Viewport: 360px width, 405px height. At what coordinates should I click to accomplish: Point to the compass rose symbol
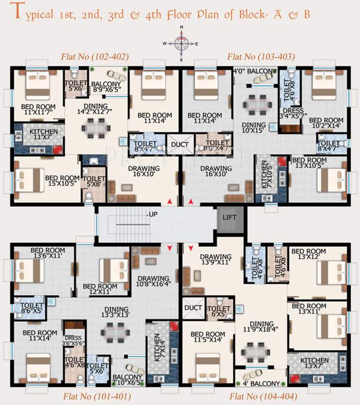coord(181,44)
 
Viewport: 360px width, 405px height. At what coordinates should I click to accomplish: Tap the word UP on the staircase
coord(153,215)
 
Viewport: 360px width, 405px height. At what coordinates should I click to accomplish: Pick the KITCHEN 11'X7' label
coord(44,134)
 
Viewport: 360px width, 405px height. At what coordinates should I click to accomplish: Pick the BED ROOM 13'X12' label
coord(309,254)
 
